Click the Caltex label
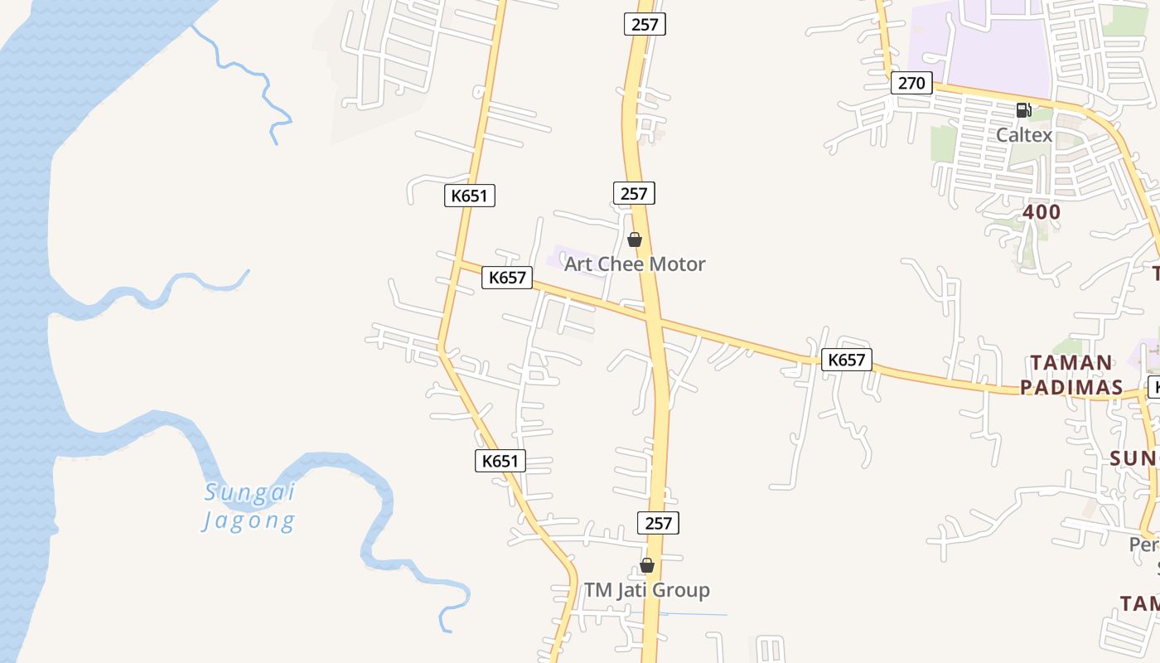click(1024, 134)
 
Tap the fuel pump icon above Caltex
click(1023, 109)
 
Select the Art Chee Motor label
click(635, 264)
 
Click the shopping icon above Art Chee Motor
click(635, 240)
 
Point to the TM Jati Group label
click(647, 590)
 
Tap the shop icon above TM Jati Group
click(647, 566)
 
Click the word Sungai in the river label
click(250, 492)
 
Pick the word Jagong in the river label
click(249, 521)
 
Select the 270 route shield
click(911, 83)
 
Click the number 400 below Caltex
click(1042, 212)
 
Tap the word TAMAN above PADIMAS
click(1071, 363)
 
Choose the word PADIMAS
click(1071, 387)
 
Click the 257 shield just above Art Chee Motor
click(634, 193)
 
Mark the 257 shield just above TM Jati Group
click(658, 523)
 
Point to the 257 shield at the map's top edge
click(645, 24)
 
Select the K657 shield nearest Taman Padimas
click(846, 360)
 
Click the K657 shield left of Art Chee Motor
click(507, 278)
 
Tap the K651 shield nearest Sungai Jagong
click(500, 461)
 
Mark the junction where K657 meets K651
click(458, 264)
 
